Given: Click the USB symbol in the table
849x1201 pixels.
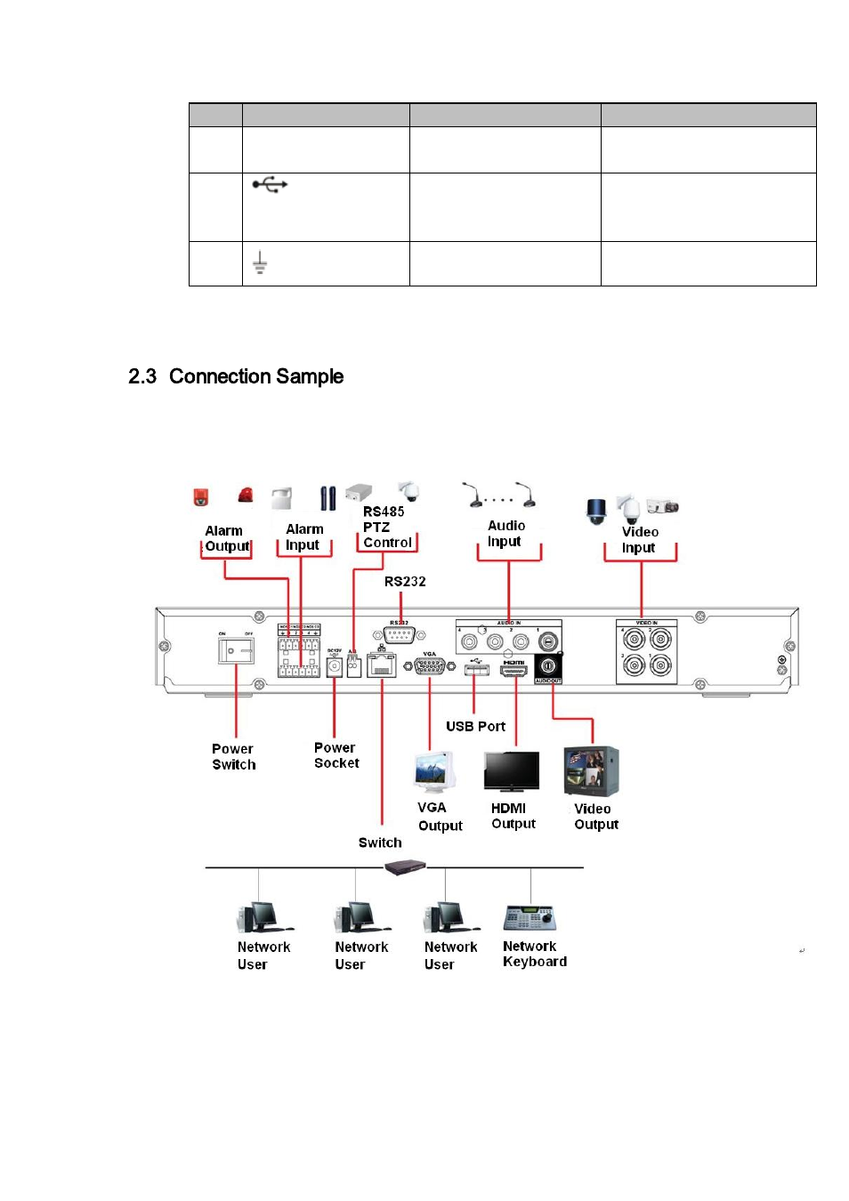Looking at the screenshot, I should (x=270, y=185).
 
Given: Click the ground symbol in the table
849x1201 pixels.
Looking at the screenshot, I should (x=259, y=262).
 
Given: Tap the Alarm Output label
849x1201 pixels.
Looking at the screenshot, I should (x=226, y=538).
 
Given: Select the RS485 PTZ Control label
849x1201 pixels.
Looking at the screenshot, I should (x=386, y=527).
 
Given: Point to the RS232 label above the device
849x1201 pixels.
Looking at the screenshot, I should (x=405, y=582).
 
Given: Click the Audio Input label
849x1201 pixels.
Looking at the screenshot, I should (x=505, y=534).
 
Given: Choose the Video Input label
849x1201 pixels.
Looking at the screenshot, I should (x=639, y=539).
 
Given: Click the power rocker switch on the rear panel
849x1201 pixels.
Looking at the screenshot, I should (x=236, y=650).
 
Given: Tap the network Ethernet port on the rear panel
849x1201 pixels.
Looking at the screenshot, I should (x=381, y=665).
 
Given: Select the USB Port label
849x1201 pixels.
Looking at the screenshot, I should (x=475, y=726).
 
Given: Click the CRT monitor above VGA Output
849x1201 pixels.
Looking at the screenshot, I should (x=434, y=771).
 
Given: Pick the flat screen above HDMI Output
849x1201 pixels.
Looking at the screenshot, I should (x=511, y=771).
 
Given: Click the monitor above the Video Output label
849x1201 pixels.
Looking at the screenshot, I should (x=590, y=770).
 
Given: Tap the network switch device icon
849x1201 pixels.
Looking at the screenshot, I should (x=406, y=867).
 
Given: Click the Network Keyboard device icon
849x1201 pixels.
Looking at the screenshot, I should (x=530, y=917).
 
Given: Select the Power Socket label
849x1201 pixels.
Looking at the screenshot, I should (x=336, y=755).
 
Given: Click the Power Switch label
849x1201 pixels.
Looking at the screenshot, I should (x=233, y=756).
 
